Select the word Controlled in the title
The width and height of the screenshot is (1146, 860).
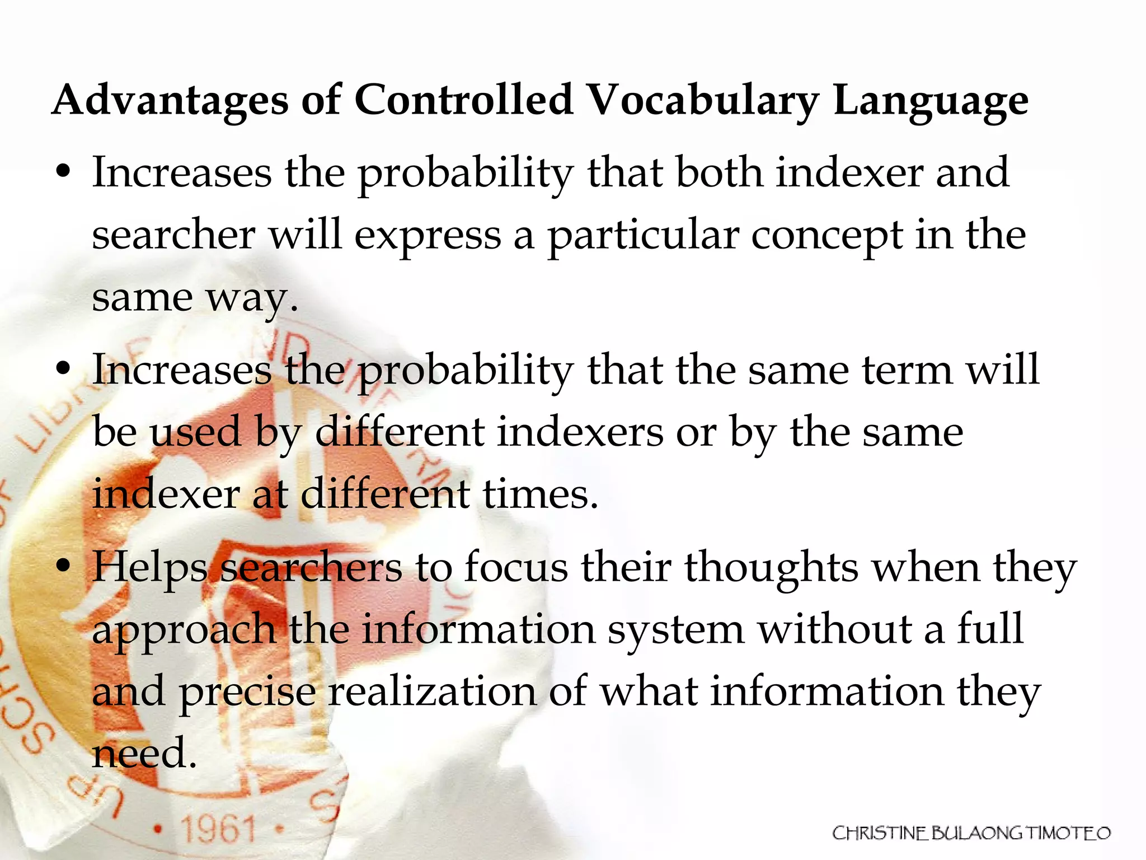[464, 100]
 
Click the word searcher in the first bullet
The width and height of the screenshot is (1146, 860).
[173, 235]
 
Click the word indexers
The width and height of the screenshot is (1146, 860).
[580, 432]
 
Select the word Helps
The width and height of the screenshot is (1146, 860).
[149, 568]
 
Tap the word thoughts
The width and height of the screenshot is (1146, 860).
[772, 568]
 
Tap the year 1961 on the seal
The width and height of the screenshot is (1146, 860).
[218, 829]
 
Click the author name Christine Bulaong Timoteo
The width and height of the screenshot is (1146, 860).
[971, 833]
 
